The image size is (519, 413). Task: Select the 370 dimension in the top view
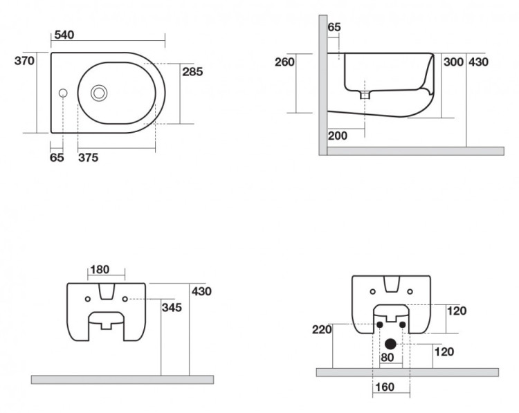(25, 60)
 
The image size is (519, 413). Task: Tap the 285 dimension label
(192, 71)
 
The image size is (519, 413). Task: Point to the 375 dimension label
(88, 158)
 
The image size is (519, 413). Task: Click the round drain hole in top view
(100, 91)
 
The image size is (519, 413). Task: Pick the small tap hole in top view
(64, 92)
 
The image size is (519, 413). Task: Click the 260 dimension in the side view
(284, 62)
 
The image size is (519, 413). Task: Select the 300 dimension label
(453, 62)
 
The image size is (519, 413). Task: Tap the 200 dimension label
(338, 136)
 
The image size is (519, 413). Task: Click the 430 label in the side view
(478, 62)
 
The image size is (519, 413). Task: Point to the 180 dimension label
(100, 269)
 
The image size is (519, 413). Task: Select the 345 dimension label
(172, 307)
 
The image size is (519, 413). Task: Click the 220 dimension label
(322, 329)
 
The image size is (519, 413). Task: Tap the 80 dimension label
(388, 358)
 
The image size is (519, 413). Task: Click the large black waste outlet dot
(391, 342)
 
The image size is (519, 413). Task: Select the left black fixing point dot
(380, 324)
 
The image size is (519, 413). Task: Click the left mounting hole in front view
(88, 299)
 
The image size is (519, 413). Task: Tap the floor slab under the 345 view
(122, 379)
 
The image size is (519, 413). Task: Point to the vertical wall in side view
(323, 83)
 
